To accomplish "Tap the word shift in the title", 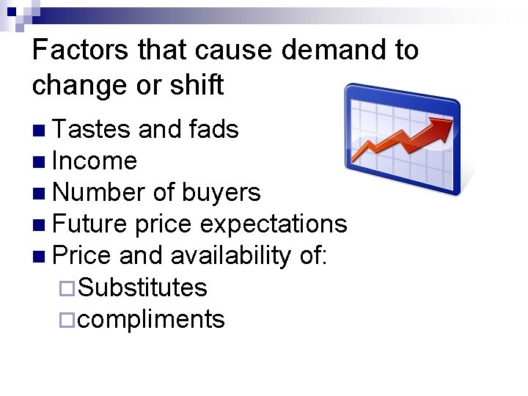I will [197, 86].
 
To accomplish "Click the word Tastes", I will [92, 130].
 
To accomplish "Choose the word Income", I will [95, 161].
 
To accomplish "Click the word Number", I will [99, 193].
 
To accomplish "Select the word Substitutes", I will [142, 287].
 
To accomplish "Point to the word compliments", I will [151, 319].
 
